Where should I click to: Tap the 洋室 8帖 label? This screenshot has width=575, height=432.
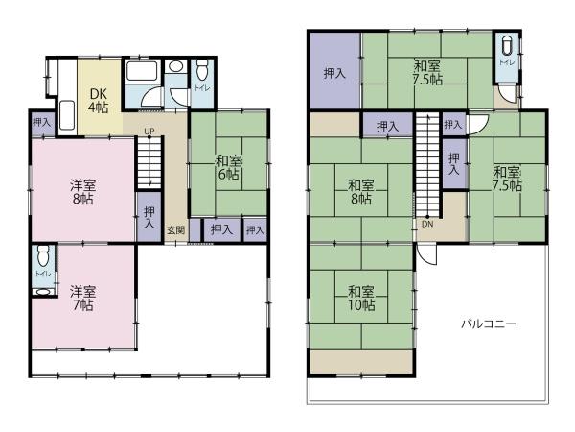click(x=82, y=191)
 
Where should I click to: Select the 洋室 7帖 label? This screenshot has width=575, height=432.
click(x=82, y=297)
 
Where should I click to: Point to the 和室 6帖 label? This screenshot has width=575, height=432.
click(x=228, y=168)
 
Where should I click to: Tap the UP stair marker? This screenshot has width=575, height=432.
click(x=149, y=131)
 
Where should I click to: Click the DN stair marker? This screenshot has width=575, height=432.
click(x=427, y=225)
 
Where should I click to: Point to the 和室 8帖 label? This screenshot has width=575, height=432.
click(x=360, y=192)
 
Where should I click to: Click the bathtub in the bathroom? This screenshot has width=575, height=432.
click(x=139, y=73)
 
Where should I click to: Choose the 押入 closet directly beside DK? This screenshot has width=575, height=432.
click(x=41, y=123)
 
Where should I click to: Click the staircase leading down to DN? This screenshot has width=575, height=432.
click(x=427, y=163)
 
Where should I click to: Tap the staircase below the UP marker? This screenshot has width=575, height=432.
click(x=149, y=163)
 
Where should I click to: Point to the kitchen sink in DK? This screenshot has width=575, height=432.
click(x=69, y=115)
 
